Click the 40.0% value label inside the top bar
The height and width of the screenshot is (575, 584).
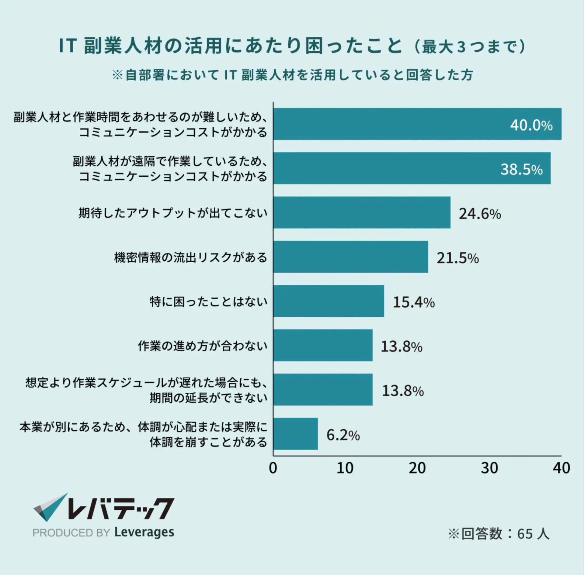pyautogui.click(x=531, y=125)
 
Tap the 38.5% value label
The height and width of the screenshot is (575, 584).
pyautogui.click(x=521, y=169)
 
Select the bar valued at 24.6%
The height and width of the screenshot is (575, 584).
pyautogui.click(x=361, y=212)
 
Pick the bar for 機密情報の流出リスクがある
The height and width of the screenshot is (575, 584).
pyautogui.click(x=350, y=257)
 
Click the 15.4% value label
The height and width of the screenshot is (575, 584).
pyautogui.click(x=414, y=302)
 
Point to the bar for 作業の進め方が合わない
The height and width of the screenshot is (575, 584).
pyautogui.click(x=322, y=345)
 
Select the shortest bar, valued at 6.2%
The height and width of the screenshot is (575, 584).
pyautogui.click(x=295, y=434)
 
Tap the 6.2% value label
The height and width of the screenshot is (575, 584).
pyautogui.click(x=343, y=435)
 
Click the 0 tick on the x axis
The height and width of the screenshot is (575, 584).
pyautogui.click(x=273, y=468)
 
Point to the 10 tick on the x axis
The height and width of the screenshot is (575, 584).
pyautogui.click(x=345, y=468)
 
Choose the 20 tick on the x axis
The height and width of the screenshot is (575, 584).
pyautogui.click(x=417, y=468)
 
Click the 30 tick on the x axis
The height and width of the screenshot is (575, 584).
pyautogui.click(x=489, y=468)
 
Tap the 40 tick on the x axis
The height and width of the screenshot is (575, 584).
pyautogui.click(x=561, y=468)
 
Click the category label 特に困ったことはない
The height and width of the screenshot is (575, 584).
pyautogui.click(x=208, y=302)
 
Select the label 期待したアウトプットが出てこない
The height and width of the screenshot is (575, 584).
pyautogui.click(x=173, y=213)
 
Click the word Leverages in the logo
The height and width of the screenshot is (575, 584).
pyautogui.click(x=144, y=532)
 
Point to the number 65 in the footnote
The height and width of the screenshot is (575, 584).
pyautogui.click(x=525, y=534)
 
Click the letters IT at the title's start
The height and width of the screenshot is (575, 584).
pyautogui.click(x=67, y=46)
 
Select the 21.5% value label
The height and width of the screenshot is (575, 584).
pyautogui.click(x=457, y=258)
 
